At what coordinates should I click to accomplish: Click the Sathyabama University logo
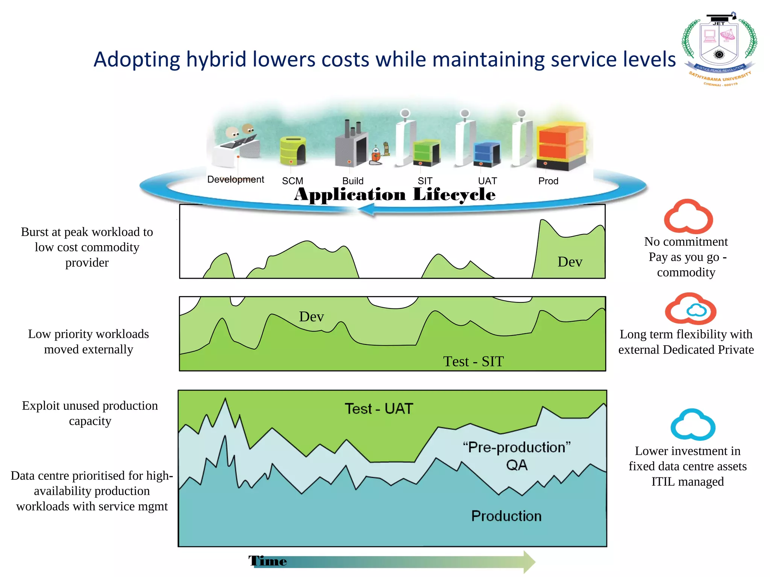719,49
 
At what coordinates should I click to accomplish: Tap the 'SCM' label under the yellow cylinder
293,181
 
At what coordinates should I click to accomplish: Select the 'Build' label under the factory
353,181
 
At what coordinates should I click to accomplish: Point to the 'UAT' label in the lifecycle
487,181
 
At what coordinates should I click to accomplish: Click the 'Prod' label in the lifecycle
548,181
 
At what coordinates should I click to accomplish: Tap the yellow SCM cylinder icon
293,151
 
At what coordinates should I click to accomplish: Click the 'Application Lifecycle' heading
394,195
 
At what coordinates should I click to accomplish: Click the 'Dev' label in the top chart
570,262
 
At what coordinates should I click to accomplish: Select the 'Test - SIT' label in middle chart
473,361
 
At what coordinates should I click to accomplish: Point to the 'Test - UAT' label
379,409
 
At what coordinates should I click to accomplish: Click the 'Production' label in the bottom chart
506,516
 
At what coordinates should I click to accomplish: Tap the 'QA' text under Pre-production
517,465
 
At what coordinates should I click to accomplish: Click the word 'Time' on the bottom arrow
268,561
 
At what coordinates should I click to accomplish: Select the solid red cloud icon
688,217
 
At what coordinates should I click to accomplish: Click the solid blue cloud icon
693,425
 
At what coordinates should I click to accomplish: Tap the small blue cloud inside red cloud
697,310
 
